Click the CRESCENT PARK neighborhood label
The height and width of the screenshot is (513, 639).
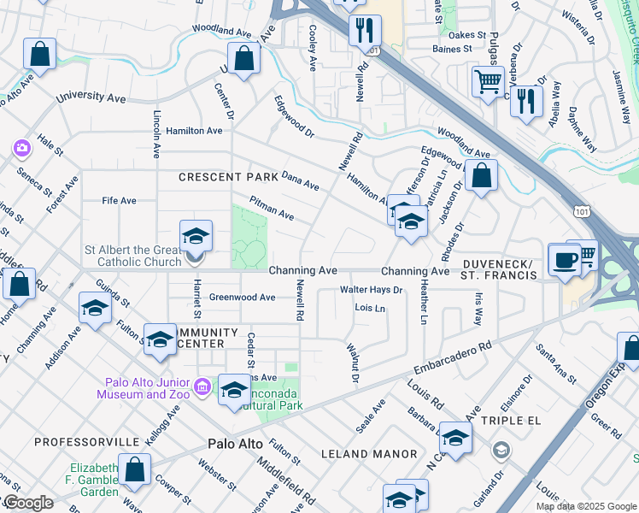(228, 177)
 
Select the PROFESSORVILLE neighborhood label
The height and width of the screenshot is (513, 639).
(86, 442)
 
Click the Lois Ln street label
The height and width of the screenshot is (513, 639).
(370, 308)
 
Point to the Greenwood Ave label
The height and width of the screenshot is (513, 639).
(243, 298)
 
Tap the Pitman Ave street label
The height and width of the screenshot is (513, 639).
(272, 208)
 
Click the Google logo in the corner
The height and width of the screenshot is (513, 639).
(27, 503)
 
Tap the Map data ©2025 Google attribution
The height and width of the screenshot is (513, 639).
(586, 506)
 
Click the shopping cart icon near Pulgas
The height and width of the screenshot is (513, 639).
(487, 82)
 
